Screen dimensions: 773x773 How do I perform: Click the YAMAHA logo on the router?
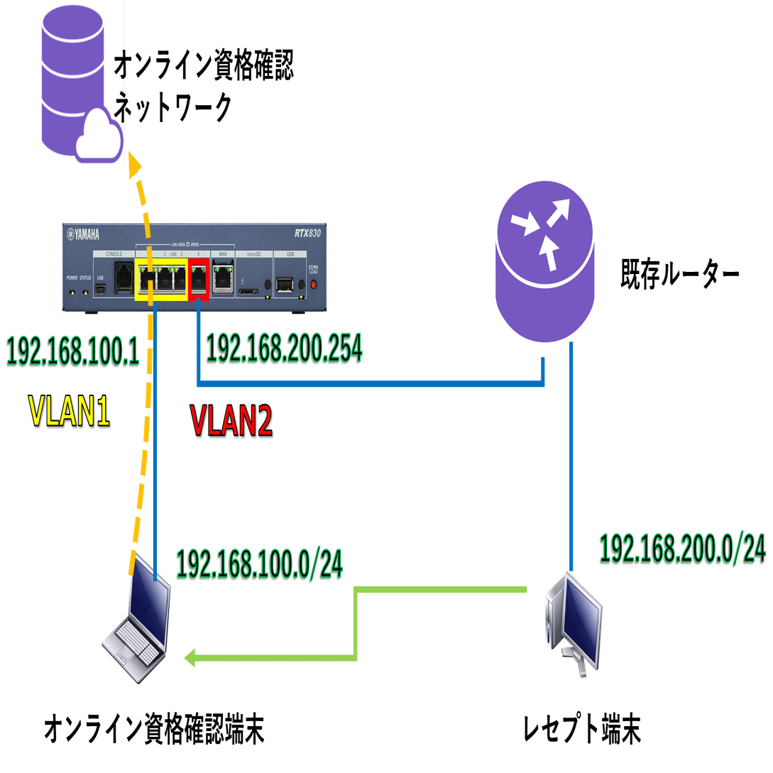click(x=83, y=235)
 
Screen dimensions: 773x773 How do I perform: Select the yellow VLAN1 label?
click(x=69, y=412)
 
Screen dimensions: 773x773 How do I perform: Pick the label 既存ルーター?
click(x=681, y=273)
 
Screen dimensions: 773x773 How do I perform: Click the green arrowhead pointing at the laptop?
click(x=192, y=659)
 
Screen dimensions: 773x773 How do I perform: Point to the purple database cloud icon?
click(x=80, y=83)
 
